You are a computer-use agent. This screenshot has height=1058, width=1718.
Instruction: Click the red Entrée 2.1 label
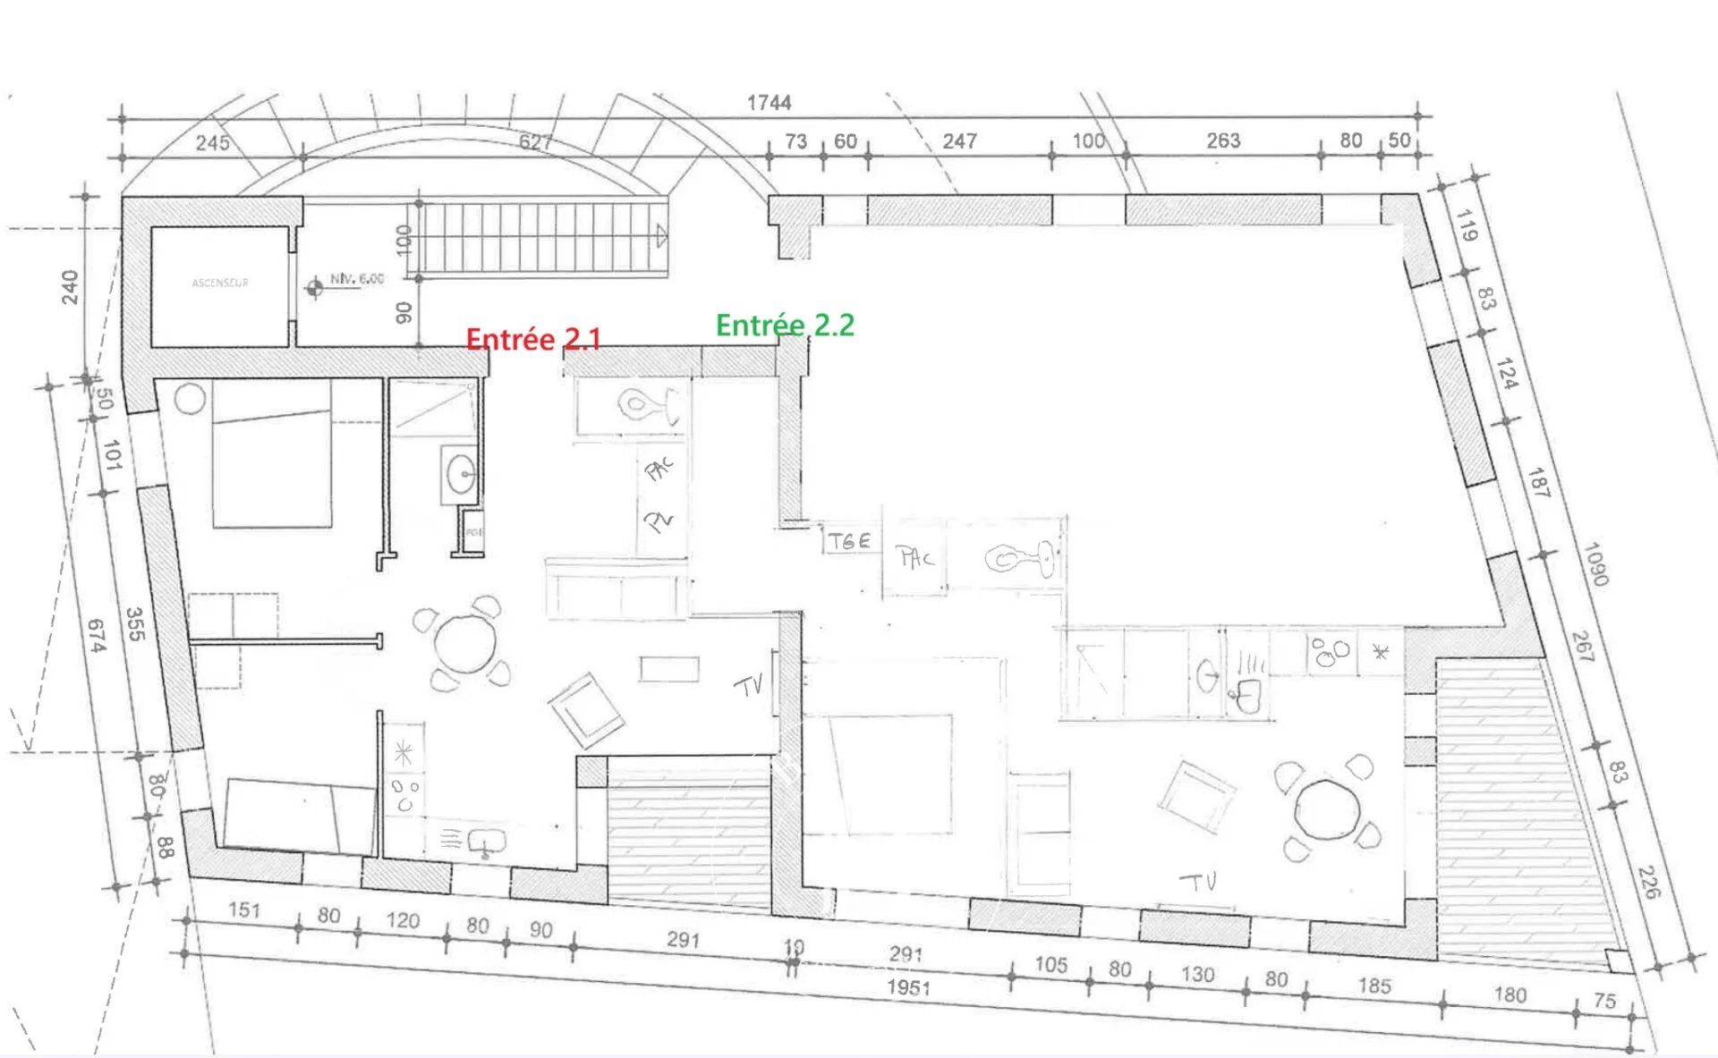pyautogui.click(x=533, y=340)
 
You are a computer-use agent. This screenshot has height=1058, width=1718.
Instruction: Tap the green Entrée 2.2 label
pyautogui.click(x=785, y=326)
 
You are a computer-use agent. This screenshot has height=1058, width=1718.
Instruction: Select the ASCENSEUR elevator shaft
pyautogui.click(x=220, y=284)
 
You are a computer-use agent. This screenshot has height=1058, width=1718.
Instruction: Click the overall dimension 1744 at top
pyautogui.click(x=769, y=103)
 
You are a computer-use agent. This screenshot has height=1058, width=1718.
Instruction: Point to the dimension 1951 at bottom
pyautogui.click(x=908, y=987)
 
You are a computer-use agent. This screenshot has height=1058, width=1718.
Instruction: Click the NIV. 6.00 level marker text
pyautogui.click(x=357, y=279)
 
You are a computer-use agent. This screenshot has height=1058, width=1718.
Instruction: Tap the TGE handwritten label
pyautogui.click(x=849, y=541)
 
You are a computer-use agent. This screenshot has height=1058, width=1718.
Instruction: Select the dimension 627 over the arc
pyautogui.click(x=535, y=142)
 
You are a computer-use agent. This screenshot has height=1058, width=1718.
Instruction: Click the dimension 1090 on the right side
pyautogui.click(x=1595, y=564)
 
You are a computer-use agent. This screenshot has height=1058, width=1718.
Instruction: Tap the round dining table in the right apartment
pyautogui.click(x=1328, y=808)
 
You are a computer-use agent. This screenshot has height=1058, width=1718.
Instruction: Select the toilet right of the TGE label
pyautogui.click(x=1019, y=560)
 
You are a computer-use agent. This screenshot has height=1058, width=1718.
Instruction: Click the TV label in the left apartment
pyautogui.click(x=749, y=685)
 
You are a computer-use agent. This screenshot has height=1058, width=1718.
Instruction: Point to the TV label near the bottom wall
pyautogui.click(x=1198, y=882)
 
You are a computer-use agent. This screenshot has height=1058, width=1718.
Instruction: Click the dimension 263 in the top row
pyautogui.click(x=1222, y=140)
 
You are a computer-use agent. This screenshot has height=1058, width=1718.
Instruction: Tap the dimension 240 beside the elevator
pyautogui.click(x=70, y=287)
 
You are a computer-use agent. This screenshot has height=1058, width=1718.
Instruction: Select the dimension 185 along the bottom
pyautogui.click(x=1374, y=986)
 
